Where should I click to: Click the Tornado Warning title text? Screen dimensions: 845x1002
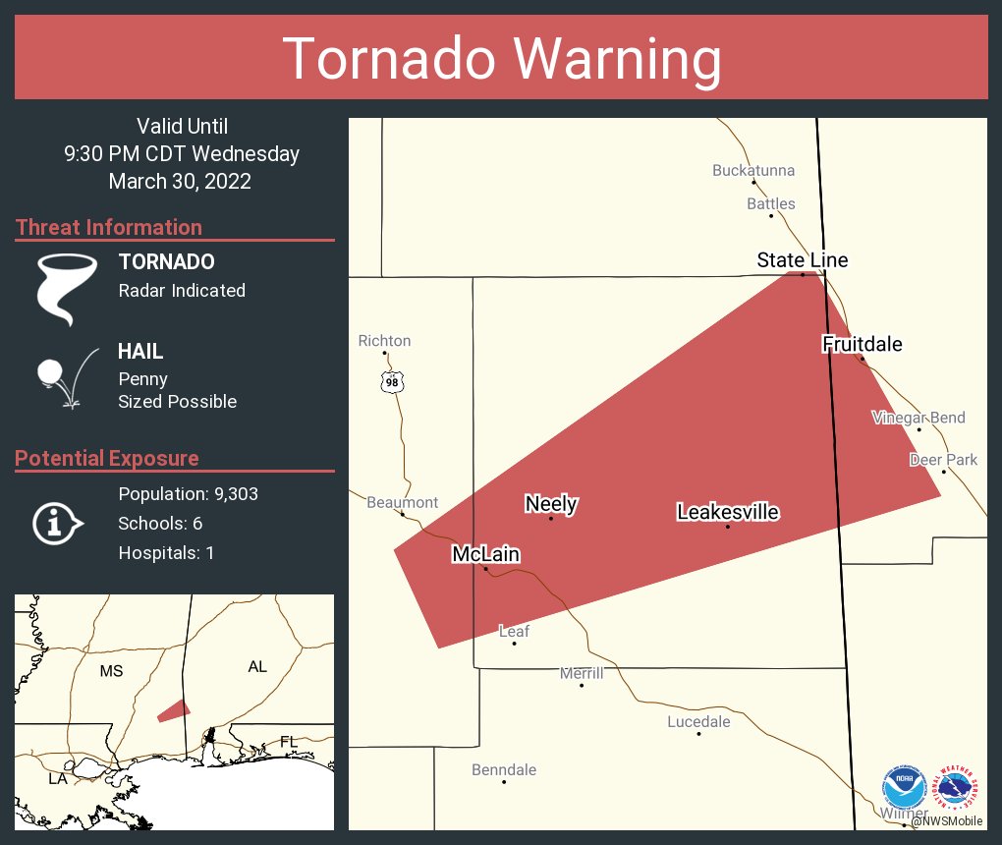(x=501, y=59)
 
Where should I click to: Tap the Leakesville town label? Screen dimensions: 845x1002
(x=727, y=512)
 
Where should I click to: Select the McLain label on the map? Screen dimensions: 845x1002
(x=485, y=554)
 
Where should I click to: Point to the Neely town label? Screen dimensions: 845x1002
(x=551, y=504)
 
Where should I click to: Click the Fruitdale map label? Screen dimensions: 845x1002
(x=862, y=344)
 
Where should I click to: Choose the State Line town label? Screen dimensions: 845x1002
(x=802, y=260)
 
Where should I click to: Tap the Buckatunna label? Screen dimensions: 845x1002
(x=753, y=171)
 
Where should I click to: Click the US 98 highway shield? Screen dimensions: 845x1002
(x=392, y=381)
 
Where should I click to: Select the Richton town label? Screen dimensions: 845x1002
(x=384, y=341)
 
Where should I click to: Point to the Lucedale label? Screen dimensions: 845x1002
(x=698, y=721)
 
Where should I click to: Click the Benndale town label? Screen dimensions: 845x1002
(x=504, y=769)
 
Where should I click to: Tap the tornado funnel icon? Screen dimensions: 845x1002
(x=67, y=288)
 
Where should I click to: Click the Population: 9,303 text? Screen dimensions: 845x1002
(x=188, y=494)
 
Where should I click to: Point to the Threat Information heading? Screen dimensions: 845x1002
(x=109, y=228)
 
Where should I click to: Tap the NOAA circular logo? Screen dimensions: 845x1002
(x=904, y=787)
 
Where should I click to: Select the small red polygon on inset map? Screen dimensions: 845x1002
(x=174, y=710)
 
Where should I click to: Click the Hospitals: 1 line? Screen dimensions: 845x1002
(x=166, y=553)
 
